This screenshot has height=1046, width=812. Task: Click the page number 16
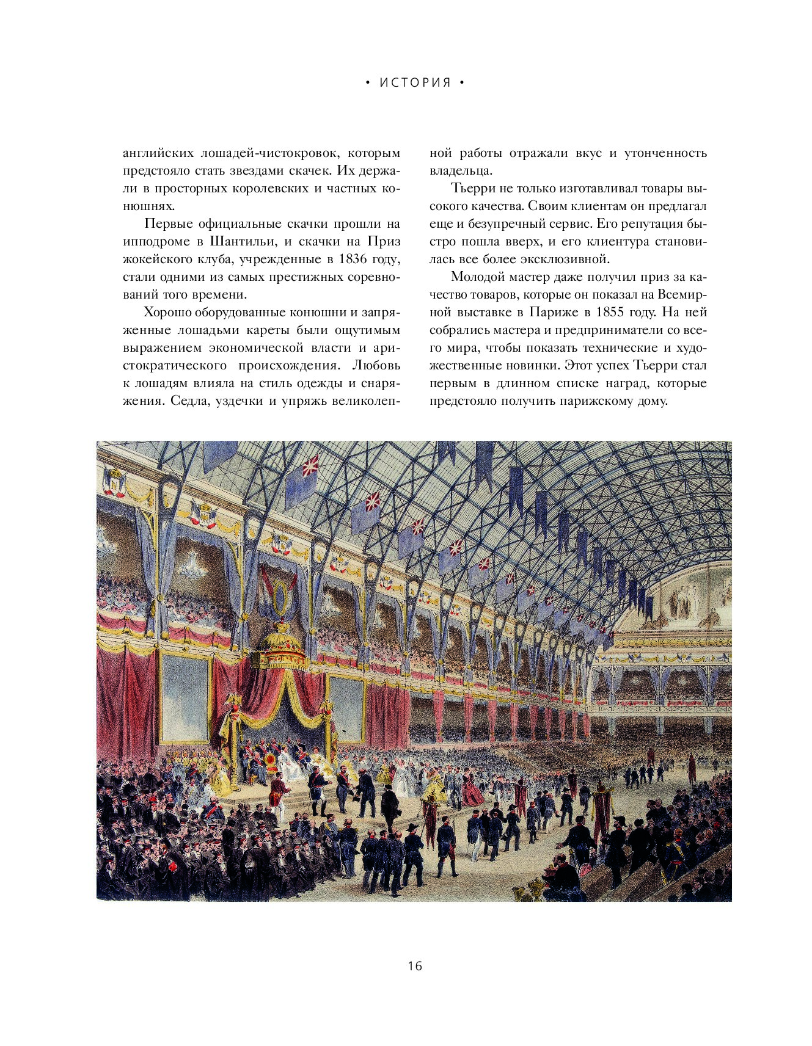point(414,966)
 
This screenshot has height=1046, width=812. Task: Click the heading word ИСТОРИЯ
point(415,83)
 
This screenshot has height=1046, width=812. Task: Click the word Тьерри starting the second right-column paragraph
point(470,188)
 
